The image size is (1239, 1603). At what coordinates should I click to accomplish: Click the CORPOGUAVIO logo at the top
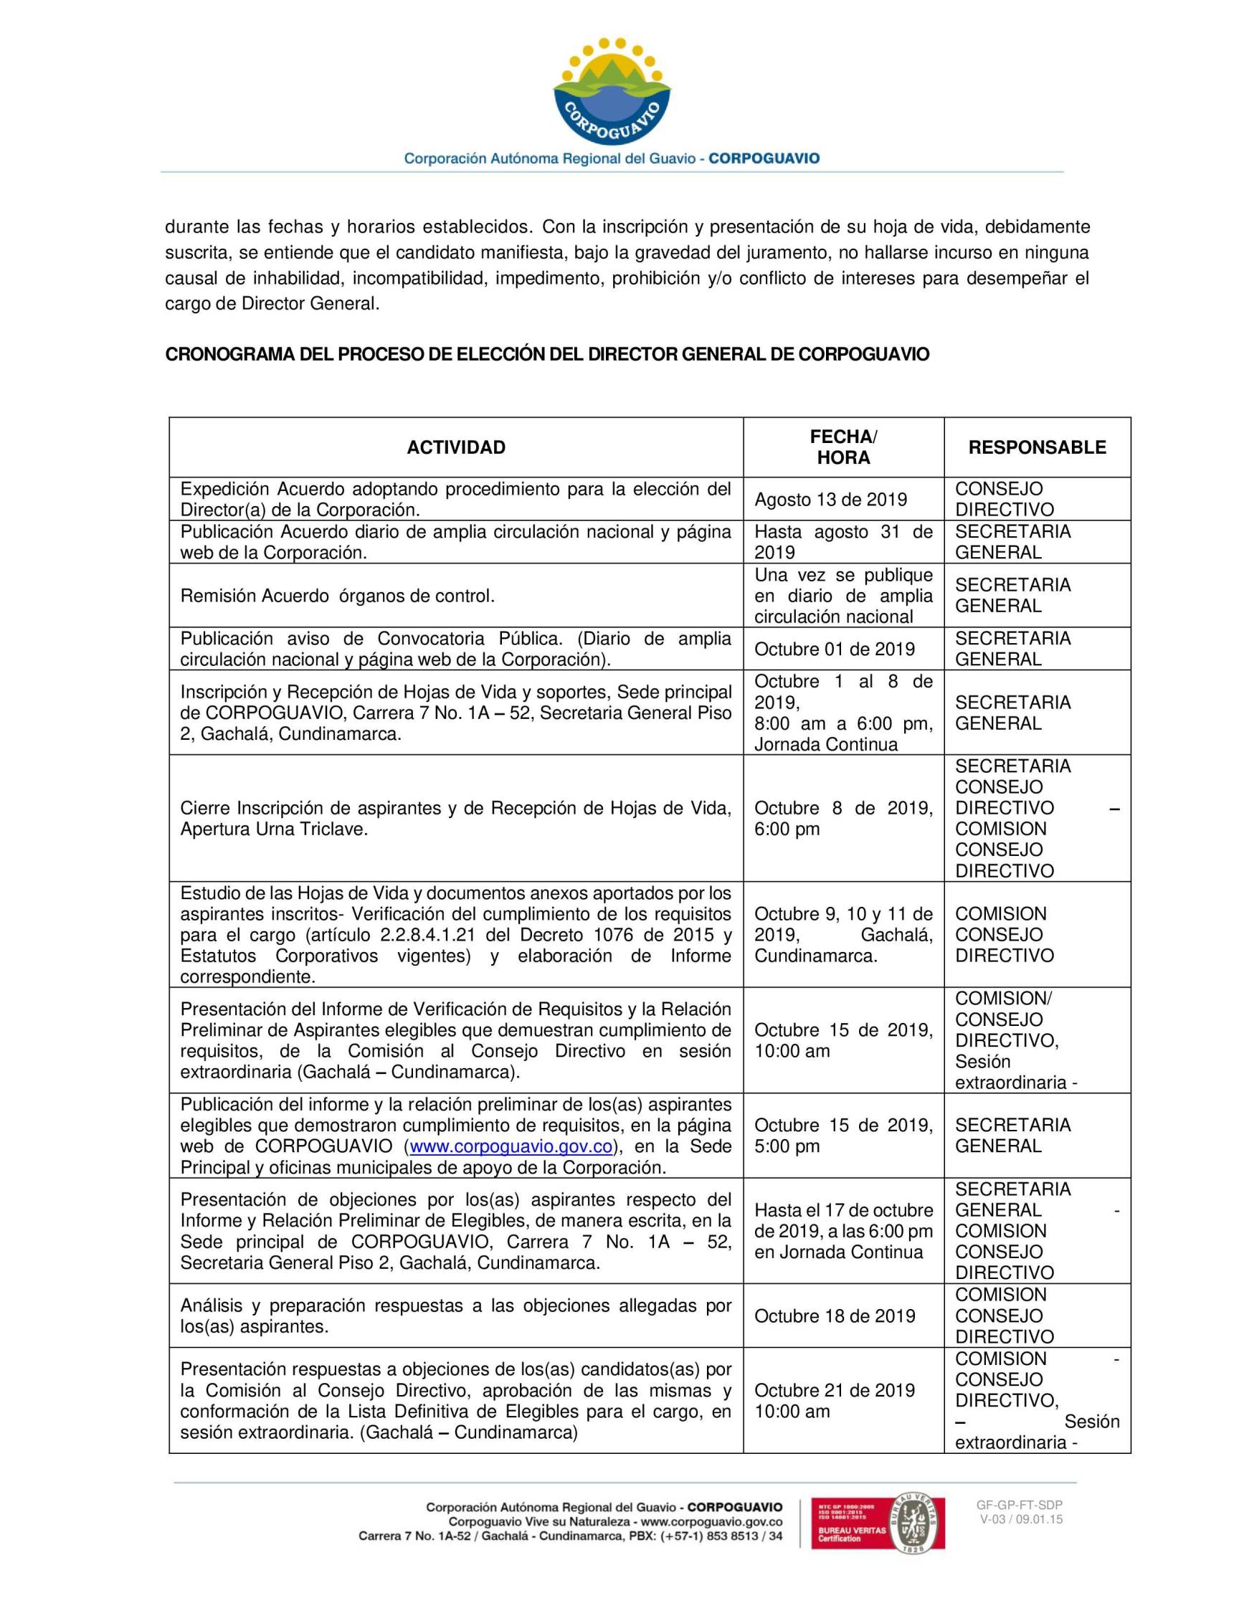tap(612, 92)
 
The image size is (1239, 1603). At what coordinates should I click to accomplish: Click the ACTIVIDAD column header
tap(456, 448)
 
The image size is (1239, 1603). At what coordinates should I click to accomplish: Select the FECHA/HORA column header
tap(842, 447)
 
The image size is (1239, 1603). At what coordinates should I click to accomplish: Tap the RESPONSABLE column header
tap(1036, 448)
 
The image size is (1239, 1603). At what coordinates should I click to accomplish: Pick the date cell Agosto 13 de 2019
tap(830, 500)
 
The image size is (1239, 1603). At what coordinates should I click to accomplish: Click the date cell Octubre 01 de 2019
tap(835, 649)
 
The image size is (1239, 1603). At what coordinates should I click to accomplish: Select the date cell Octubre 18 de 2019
tap(835, 1316)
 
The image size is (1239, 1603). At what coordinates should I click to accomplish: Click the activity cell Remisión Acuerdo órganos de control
tap(337, 596)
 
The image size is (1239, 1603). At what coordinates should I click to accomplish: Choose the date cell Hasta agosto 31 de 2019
tap(842, 542)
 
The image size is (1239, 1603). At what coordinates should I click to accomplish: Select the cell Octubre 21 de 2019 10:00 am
tap(835, 1400)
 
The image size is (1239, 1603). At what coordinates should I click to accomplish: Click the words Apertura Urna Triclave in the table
tap(274, 829)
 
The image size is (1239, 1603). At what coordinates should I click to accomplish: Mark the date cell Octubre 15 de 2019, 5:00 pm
tap(842, 1136)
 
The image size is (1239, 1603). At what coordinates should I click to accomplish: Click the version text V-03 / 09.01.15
tap(1020, 1519)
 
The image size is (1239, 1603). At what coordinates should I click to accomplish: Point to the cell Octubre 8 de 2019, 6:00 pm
tap(842, 819)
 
